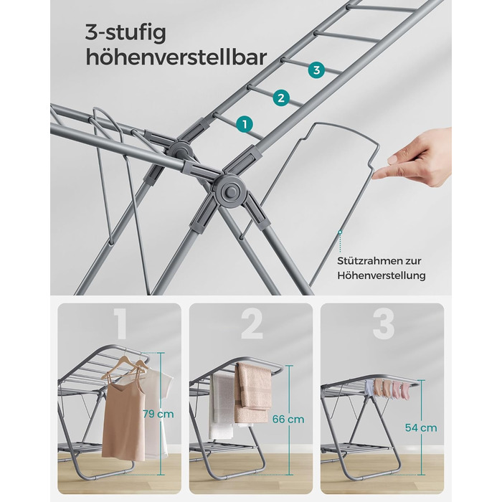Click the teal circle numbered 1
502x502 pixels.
(245, 125)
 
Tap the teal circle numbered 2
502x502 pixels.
(281, 98)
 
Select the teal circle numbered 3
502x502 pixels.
(316, 70)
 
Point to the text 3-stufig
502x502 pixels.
(126, 33)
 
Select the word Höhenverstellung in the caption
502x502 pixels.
(382, 275)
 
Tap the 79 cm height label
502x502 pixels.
(158, 414)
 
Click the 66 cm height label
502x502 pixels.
(288, 419)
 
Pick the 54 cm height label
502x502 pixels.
(421, 427)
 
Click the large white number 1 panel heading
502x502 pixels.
(120, 324)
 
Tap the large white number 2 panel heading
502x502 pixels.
(252, 324)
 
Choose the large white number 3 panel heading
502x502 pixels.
(383, 324)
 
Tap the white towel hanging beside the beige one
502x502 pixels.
(222, 406)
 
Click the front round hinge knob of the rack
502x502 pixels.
(230, 191)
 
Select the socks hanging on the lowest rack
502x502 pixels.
(387, 388)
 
